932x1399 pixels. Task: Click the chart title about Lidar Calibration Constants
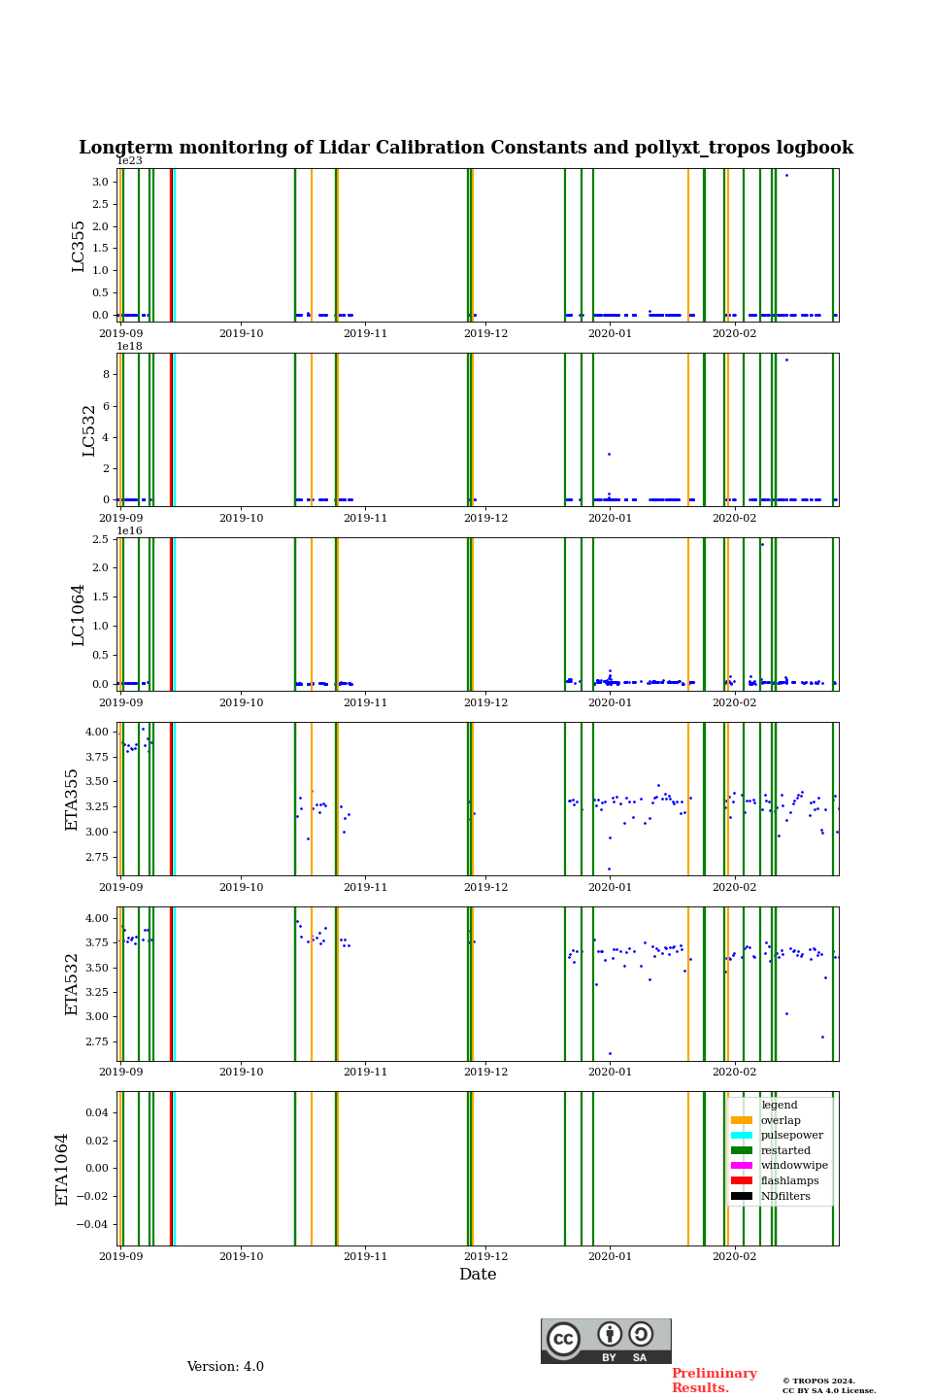point(466,148)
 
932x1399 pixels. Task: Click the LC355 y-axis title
point(79,246)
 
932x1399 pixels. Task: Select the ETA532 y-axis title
point(72,983)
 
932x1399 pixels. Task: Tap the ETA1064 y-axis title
point(63,1169)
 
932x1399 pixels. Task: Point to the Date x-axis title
point(478,1275)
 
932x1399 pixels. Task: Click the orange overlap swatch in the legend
point(742,1120)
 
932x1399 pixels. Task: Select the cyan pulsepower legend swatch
point(742,1136)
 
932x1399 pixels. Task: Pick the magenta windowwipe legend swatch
point(742,1166)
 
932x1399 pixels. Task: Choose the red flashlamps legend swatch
point(742,1181)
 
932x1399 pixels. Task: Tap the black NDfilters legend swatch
point(742,1196)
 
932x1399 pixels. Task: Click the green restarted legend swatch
point(742,1150)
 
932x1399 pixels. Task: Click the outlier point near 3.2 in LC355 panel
point(786,175)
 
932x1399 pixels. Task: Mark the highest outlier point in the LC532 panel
point(786,359)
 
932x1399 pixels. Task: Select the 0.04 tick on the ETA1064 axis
point(95,1112)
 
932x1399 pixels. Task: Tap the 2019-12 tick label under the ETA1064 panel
point(485,1256)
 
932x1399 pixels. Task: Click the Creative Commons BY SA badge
point(606,1341)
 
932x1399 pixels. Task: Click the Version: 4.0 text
point(225,1367)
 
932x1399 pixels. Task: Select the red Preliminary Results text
point(714,1381)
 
